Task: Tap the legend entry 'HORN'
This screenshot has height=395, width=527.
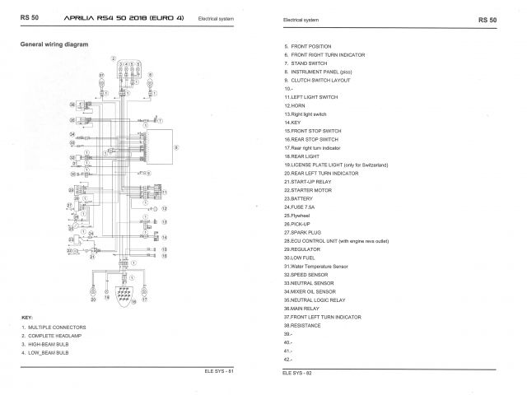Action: (296, 105)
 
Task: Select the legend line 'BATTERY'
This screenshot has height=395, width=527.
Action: (300, 198)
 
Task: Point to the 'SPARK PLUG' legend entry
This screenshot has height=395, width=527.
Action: (304, 232)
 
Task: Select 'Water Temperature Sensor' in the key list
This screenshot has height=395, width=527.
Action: (315, 266)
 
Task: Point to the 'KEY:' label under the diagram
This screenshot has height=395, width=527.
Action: (26, 317)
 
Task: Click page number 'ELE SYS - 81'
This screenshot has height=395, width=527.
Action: (219, 372)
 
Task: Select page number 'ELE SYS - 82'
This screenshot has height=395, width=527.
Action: (297, 372)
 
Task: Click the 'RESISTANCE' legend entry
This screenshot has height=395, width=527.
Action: (302, 325)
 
